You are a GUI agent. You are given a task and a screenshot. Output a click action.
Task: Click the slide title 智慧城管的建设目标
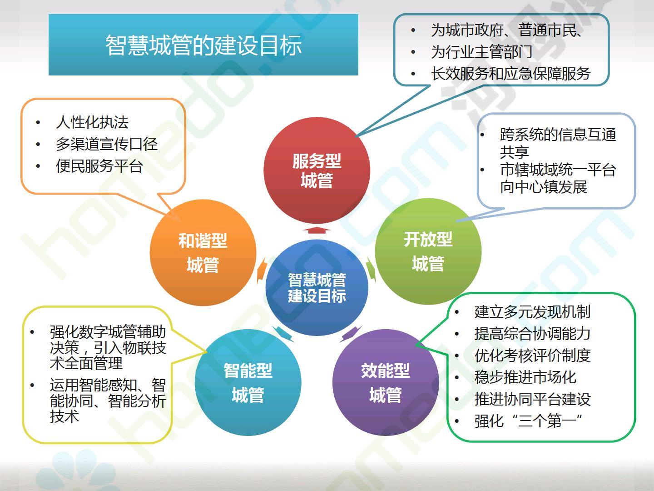click(203, 45)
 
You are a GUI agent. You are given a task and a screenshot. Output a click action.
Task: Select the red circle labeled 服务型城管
click(317, 170)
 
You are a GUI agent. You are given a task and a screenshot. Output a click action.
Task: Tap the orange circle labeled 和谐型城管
click(203, 252)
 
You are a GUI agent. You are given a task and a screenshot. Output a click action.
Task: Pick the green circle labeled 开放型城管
click(428, 251)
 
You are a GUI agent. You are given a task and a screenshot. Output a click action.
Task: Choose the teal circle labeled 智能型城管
click(248, 382)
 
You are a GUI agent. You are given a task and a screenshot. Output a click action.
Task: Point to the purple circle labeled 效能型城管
click(386, 382)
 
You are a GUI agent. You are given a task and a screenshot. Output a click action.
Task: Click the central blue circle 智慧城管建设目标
click(317, 288)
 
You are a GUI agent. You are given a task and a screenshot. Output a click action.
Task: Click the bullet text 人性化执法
click(92, 122)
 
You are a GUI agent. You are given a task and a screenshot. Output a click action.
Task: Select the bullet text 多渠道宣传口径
click(107, 144)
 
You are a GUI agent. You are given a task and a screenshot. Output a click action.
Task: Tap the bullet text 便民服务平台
click(99, 166)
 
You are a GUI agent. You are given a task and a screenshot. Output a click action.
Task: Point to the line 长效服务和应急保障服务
click(510, 74)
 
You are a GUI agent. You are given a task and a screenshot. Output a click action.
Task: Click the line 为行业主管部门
click(482, 52)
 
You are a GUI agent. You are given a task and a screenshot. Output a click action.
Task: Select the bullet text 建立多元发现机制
click(532, 312)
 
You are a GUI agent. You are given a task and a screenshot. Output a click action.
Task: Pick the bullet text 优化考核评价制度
click(532, 356)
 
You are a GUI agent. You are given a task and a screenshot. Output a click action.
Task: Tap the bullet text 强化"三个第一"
click(528, 421)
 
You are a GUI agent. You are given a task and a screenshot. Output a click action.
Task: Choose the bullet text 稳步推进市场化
click(525, 377)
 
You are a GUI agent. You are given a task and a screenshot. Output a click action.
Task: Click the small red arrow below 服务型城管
click(317, 230)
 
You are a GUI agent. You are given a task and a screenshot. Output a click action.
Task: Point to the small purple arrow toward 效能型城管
click(351, 334)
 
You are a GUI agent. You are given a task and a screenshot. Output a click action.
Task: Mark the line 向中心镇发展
click(544, 187)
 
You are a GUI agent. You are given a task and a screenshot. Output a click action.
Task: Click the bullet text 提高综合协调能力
click(532, 334)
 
